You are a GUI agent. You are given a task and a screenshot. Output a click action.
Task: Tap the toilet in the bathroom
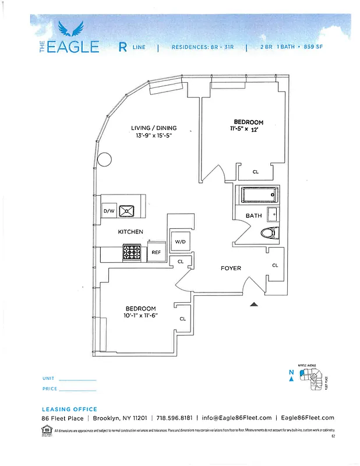coord(268,233)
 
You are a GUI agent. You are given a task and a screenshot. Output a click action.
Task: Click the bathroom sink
coord(272,214)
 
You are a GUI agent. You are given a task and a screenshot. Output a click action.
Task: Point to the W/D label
coord(180,241)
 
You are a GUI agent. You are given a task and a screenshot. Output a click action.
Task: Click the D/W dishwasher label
coord(108,211)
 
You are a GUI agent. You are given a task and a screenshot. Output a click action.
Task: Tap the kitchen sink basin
coord(126,210)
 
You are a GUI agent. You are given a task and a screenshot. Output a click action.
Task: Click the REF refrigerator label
coord(156,253)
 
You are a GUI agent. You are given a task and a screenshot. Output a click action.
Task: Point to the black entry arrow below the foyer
coord(253,304)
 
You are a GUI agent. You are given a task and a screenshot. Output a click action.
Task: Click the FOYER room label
coord(231,269)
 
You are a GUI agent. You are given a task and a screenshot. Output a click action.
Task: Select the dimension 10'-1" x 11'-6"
coord(140,316)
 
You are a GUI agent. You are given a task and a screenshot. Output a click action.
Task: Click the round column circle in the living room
coord(104,159)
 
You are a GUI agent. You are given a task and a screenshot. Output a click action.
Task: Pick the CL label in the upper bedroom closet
coord(255,172)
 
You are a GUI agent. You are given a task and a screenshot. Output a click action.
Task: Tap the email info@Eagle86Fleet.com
coord(237,418)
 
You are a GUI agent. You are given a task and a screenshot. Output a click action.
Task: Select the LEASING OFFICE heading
coord(69,409)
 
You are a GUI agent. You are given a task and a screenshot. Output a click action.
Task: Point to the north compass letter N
coord(291,372)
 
